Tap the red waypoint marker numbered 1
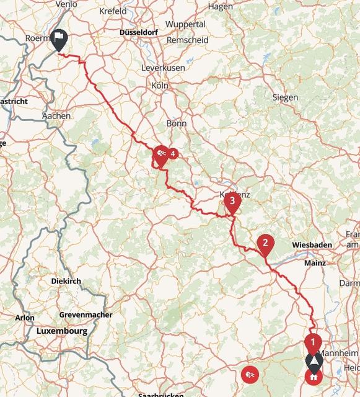[x=314, y=342]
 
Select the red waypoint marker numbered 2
[x=265, y=243]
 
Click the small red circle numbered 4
[x=173, y=153]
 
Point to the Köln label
[x=160, y=86]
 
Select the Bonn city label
[x=177, y=123]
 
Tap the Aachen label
[x=56, y=115]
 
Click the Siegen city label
[x=285, y=97]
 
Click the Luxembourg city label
[x=62, y=331]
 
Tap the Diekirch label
[x=66, y=281]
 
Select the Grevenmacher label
[x=86, y=314]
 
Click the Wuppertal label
[x=186, y=24]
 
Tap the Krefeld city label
[x=112, y=11]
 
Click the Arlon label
[x=25, y=318]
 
